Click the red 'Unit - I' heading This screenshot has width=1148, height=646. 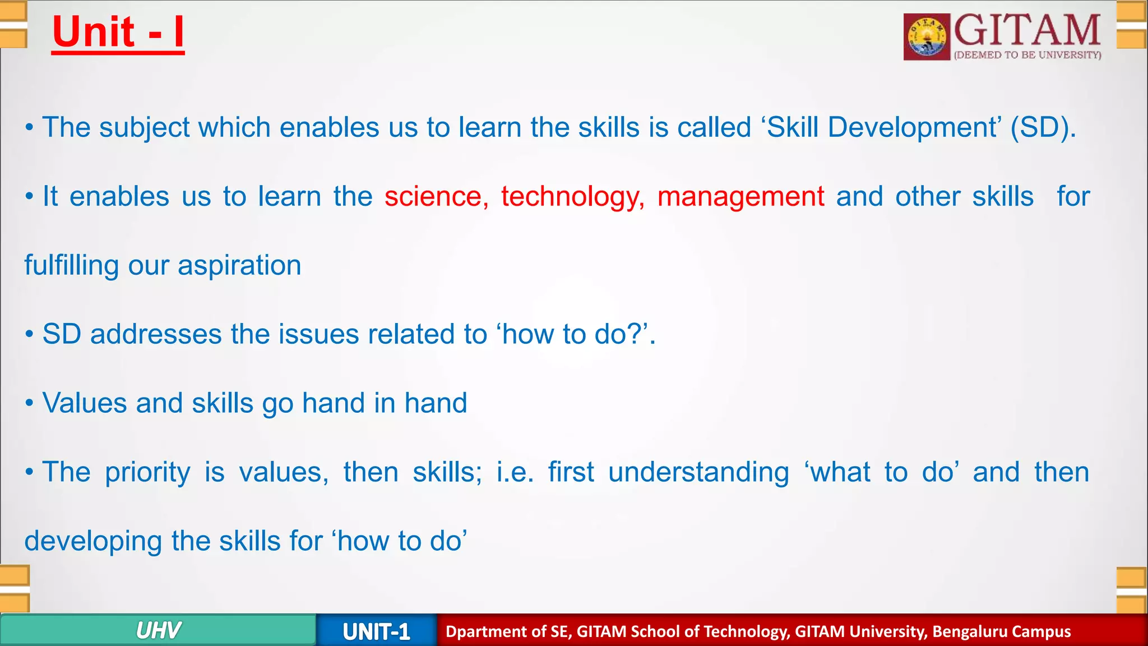click(118, 33)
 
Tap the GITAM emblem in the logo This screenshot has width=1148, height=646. click(927, 37)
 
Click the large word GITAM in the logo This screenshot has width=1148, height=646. click(1027, 30)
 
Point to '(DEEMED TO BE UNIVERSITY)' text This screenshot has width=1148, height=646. click(1027, 55)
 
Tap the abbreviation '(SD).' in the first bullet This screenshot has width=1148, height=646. click(1043, 128)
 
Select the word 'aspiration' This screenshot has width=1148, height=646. click(239, 266)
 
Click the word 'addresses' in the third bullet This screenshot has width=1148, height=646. click(156, 334)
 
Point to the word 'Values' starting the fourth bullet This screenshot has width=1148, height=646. click(85, 403)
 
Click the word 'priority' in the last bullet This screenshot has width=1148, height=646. click(147, 473)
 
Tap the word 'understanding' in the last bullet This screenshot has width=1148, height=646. click(698, 473)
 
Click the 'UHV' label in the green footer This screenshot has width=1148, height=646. click(158, 631)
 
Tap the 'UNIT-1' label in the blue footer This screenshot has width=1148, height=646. click(376, 632)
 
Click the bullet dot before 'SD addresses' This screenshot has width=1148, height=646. click(29, 335)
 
